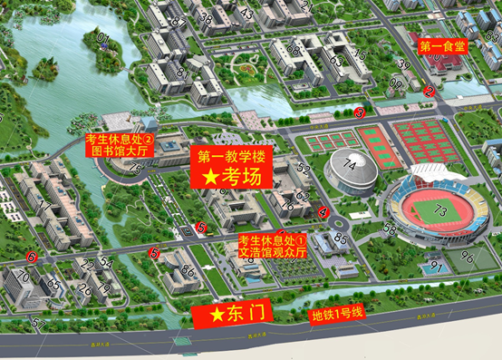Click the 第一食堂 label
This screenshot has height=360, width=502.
(x=442, y=44)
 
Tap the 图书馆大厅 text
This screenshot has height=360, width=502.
(x=118, y=151)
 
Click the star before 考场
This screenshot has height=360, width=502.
(x=210, y=177)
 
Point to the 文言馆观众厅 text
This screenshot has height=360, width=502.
(x=272, y=253)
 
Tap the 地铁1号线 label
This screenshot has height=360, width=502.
(x=336, y=315)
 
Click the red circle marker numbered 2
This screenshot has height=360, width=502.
(x=429, y=92)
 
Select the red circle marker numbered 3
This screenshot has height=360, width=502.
(x=359, y=113)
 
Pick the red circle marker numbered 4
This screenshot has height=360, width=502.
(x=323, y=212)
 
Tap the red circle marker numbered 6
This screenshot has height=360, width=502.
(x=33, y=258)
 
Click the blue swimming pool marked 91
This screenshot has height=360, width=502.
(x=436, y=268)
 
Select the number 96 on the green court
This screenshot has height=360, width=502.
(x=467, y=257)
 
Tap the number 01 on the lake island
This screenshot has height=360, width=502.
(x=102, y=39)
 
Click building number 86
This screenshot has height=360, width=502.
(x=188, y=270)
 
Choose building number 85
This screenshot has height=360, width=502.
(x=341, y=239)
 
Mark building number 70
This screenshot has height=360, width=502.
(x=22, y=275)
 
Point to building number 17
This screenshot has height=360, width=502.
(x=44, y=206)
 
